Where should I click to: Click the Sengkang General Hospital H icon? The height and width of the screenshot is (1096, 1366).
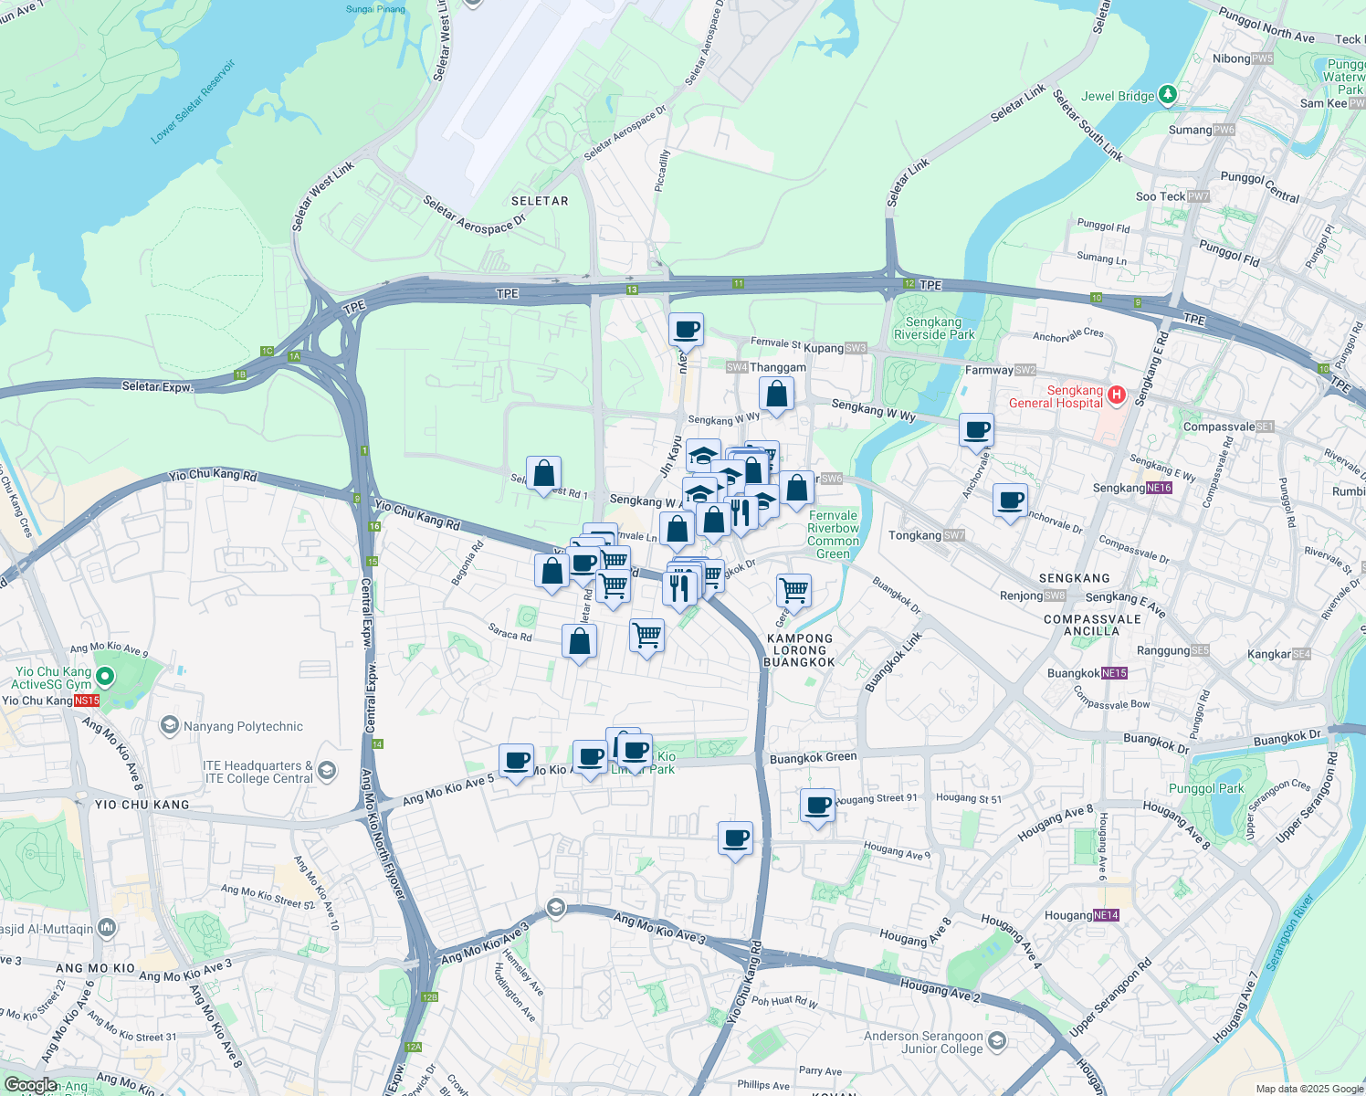click(1116, 395)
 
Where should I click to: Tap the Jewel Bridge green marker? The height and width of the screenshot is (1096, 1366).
click(1167, 95)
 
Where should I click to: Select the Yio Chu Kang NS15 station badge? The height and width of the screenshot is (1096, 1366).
click(87, 701)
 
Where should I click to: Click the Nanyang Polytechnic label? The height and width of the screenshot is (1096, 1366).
click(243, 726)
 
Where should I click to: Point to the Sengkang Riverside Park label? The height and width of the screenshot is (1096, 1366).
click(933, 328)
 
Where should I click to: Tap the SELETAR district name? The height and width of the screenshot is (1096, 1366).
click(540, 201)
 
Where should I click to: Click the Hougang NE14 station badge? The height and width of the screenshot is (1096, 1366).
click(1106, 915)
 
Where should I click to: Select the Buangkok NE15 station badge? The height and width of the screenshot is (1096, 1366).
click(1114, 673)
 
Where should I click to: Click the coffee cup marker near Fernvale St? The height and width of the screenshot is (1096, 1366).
click(686, 330)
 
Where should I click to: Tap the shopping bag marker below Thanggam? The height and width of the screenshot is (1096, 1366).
click(776, 395)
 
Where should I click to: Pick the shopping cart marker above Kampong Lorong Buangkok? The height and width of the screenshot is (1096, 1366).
click(793, 591)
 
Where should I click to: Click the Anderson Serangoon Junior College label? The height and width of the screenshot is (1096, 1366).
click(923, 1042)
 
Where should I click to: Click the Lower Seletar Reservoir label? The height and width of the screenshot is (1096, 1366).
click(193, 101)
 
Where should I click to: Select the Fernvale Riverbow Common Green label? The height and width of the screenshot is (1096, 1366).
click(833, 534)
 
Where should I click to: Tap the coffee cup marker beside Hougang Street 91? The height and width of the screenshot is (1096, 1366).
click(817, 806)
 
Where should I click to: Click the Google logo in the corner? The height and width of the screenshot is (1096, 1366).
click(30, 1085)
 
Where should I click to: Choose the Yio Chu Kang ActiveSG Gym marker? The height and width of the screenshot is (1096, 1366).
click(105, 677)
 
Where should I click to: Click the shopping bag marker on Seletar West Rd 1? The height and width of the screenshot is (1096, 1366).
click(543, 473)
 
